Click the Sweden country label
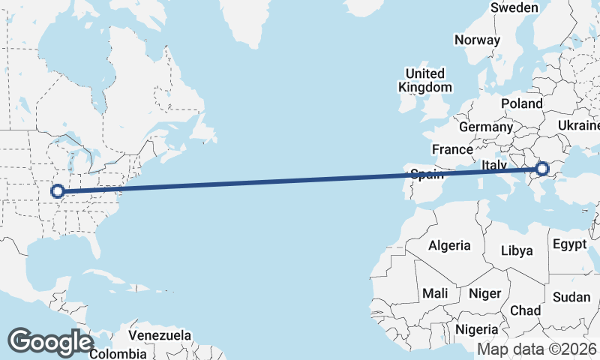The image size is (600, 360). [x=514, y=7]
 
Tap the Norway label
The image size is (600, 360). [x=477, y=40]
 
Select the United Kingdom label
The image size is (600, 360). [x=425, y=80]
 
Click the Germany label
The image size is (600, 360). [x=485, y=127]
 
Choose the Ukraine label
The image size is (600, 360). [x=579, y=124]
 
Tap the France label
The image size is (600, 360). [x=452, y=149]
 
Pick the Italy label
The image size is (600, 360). [x=495, y=164]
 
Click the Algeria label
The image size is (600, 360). [x=449, y=245]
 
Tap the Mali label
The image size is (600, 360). [x=436, y=293]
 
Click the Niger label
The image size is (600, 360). [x=484, y=293]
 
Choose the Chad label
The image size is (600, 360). [x=525, y=310]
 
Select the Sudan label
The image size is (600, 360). [x=571, y=297]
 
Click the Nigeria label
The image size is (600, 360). [x=476, y=329]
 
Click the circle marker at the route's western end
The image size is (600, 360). [x=57, y=191]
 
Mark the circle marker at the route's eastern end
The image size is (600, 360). [x=543, y=170]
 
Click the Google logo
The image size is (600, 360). [x=50, y=342]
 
